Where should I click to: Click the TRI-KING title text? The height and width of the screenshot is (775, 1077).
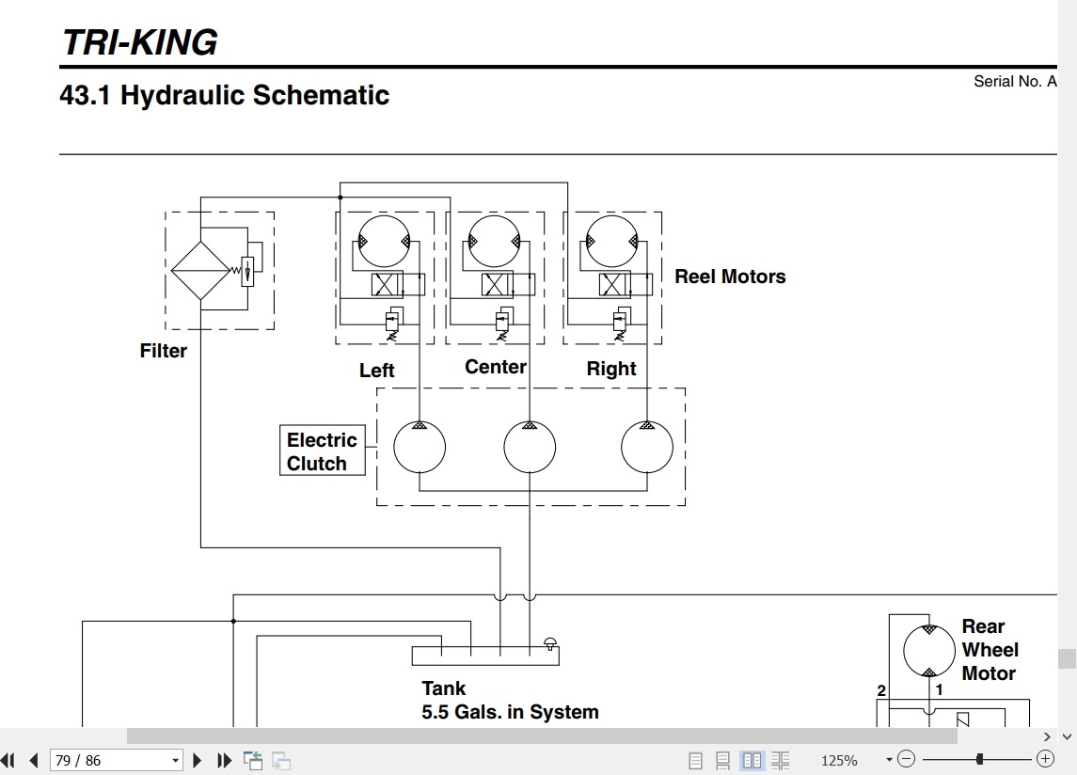coord(140,42)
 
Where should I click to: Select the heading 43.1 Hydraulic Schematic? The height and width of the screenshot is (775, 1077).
coord(225,95)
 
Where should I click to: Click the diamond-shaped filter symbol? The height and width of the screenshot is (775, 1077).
coord(200,270)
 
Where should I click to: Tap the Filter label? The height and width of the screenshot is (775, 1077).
coord(164,351)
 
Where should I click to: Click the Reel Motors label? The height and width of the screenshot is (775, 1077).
coord(730,277)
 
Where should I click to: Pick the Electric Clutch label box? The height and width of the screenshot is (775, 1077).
coord(322,451)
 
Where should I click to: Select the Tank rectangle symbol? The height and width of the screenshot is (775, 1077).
coord(485,656)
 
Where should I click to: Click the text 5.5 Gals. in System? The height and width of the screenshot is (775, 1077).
coord(511,712)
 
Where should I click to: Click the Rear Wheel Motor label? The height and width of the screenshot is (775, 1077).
coord(990,650)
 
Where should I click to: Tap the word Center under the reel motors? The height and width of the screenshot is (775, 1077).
coord(495,367)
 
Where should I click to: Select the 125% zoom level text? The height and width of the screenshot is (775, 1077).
coord(839,761)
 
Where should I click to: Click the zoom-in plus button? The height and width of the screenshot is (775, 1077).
coord(1045,759)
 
